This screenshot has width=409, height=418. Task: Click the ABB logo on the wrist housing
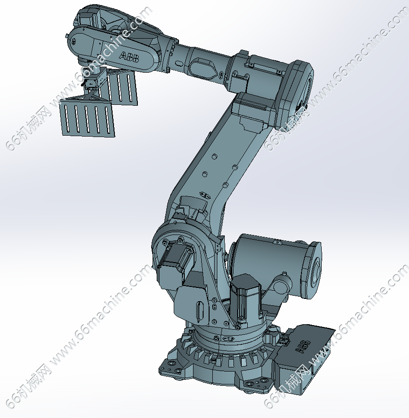pyautogui.click(x=129, y=57)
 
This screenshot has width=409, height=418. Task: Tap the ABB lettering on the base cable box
pyautogui.click(x=303, y=346)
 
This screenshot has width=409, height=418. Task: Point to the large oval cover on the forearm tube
pyautogui.click(x=203, y=67)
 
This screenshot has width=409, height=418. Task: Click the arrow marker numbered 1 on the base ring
pyautogui.click(x=228, y=338)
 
